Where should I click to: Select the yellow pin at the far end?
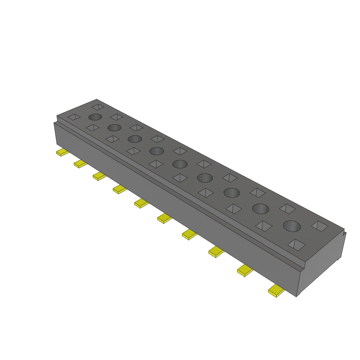[63, 153]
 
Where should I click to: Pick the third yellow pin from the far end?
[99, 176]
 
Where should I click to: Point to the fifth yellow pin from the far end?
[141, 203]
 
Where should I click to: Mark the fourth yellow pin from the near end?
[189, 234]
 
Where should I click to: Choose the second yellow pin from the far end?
[80, 163]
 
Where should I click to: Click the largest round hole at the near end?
[292, 226]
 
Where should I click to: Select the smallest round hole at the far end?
[95, 117]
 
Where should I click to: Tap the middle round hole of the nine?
[180, 164]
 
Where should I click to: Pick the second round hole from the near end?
[261, 209]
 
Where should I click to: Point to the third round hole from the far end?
[135, 139]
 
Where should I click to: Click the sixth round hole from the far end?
[205, 178]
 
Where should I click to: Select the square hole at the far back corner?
[98, 106]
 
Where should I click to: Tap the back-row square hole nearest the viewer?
[320, 226]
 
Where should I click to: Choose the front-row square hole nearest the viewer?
[296, 245]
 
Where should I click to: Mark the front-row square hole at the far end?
[74, 117]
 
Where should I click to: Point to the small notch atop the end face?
[344, 232]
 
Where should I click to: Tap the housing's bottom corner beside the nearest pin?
[296, 296]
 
